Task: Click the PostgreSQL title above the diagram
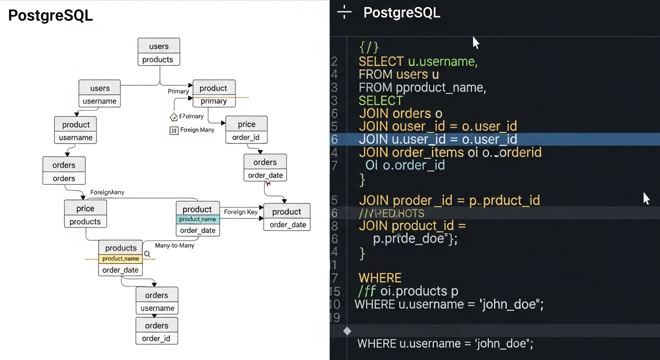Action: point(51,15)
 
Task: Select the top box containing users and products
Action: point(159,52)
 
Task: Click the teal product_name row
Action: point(197,219)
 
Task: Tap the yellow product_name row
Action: point(120,259)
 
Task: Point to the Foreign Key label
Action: point(240,212)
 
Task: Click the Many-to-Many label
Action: point(174,246)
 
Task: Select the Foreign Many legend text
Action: point(197,130)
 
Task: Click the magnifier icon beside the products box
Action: point(147,254)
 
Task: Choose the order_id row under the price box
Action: point(246,137)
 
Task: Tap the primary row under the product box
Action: point(214,101)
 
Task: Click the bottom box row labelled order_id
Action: point(157,338)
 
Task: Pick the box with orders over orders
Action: point(64,171)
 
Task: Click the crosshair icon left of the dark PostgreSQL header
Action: point(344,13)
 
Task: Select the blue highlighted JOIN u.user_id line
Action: point(438,139)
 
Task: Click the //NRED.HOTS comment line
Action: point(391,214)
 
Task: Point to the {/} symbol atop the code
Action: point(368,47)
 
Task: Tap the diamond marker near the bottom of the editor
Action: point(347,331)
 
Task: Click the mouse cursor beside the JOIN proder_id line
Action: point(646,198)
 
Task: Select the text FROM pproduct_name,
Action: point(422,88)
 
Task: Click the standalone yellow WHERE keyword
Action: point(380,278)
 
